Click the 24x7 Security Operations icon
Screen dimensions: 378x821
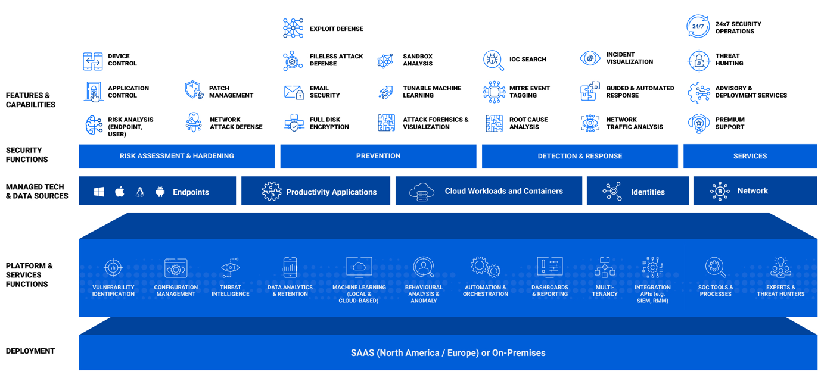(698, 27)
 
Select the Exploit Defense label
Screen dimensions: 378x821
(336, 29)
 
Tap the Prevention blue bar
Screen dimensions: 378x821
(378, 156)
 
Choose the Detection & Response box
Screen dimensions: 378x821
(579, 156)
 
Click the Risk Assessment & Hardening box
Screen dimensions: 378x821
(176, 156)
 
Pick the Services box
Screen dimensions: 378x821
(750, 156)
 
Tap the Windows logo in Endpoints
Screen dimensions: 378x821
(99, 192)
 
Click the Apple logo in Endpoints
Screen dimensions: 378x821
(120, 192)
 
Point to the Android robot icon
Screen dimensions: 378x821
(160, 192)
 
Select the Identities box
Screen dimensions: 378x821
(637, 191)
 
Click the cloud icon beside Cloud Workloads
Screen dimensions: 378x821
(422, 192)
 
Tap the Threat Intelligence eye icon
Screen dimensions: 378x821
(230, 268)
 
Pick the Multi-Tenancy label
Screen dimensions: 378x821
(605, 290)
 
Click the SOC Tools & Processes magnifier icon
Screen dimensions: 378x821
(715, 268)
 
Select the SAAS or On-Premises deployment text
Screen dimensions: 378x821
(447, 353)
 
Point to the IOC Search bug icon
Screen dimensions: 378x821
(493, 60)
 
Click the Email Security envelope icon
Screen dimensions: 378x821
(294, 92)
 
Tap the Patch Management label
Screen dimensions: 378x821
(231, 92)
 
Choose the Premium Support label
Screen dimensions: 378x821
(729, 123)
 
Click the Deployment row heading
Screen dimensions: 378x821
(30, 351)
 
